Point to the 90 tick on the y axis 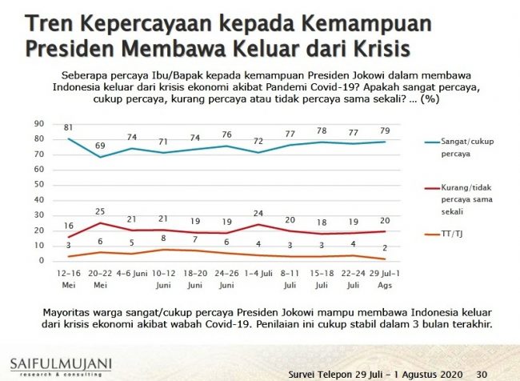click(38, 124)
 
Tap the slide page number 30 click(482, 374)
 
